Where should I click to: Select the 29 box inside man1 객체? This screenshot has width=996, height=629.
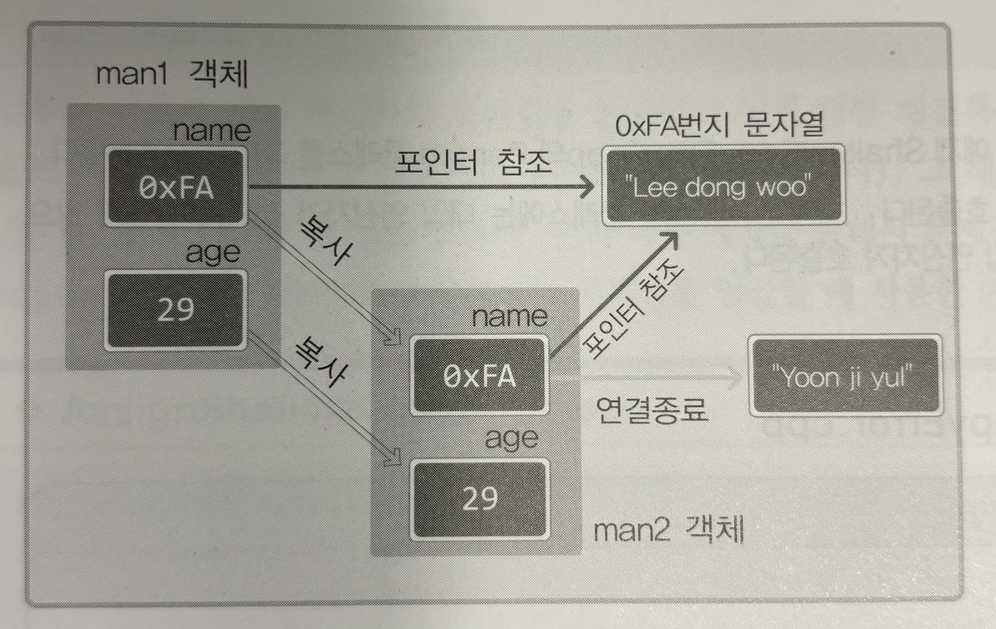176,310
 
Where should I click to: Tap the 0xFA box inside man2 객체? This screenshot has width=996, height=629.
480,375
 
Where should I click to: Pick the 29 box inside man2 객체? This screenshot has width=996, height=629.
480,498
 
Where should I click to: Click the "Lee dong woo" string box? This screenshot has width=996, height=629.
723,185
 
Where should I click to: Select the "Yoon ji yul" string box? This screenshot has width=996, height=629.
845,375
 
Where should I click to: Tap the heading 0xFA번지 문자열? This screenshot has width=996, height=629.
719,125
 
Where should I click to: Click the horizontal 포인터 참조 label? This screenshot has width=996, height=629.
474,162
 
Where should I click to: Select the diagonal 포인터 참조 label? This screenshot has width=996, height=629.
633,308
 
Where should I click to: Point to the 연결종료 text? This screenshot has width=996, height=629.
651,409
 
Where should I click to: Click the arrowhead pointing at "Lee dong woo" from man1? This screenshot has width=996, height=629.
587,187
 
